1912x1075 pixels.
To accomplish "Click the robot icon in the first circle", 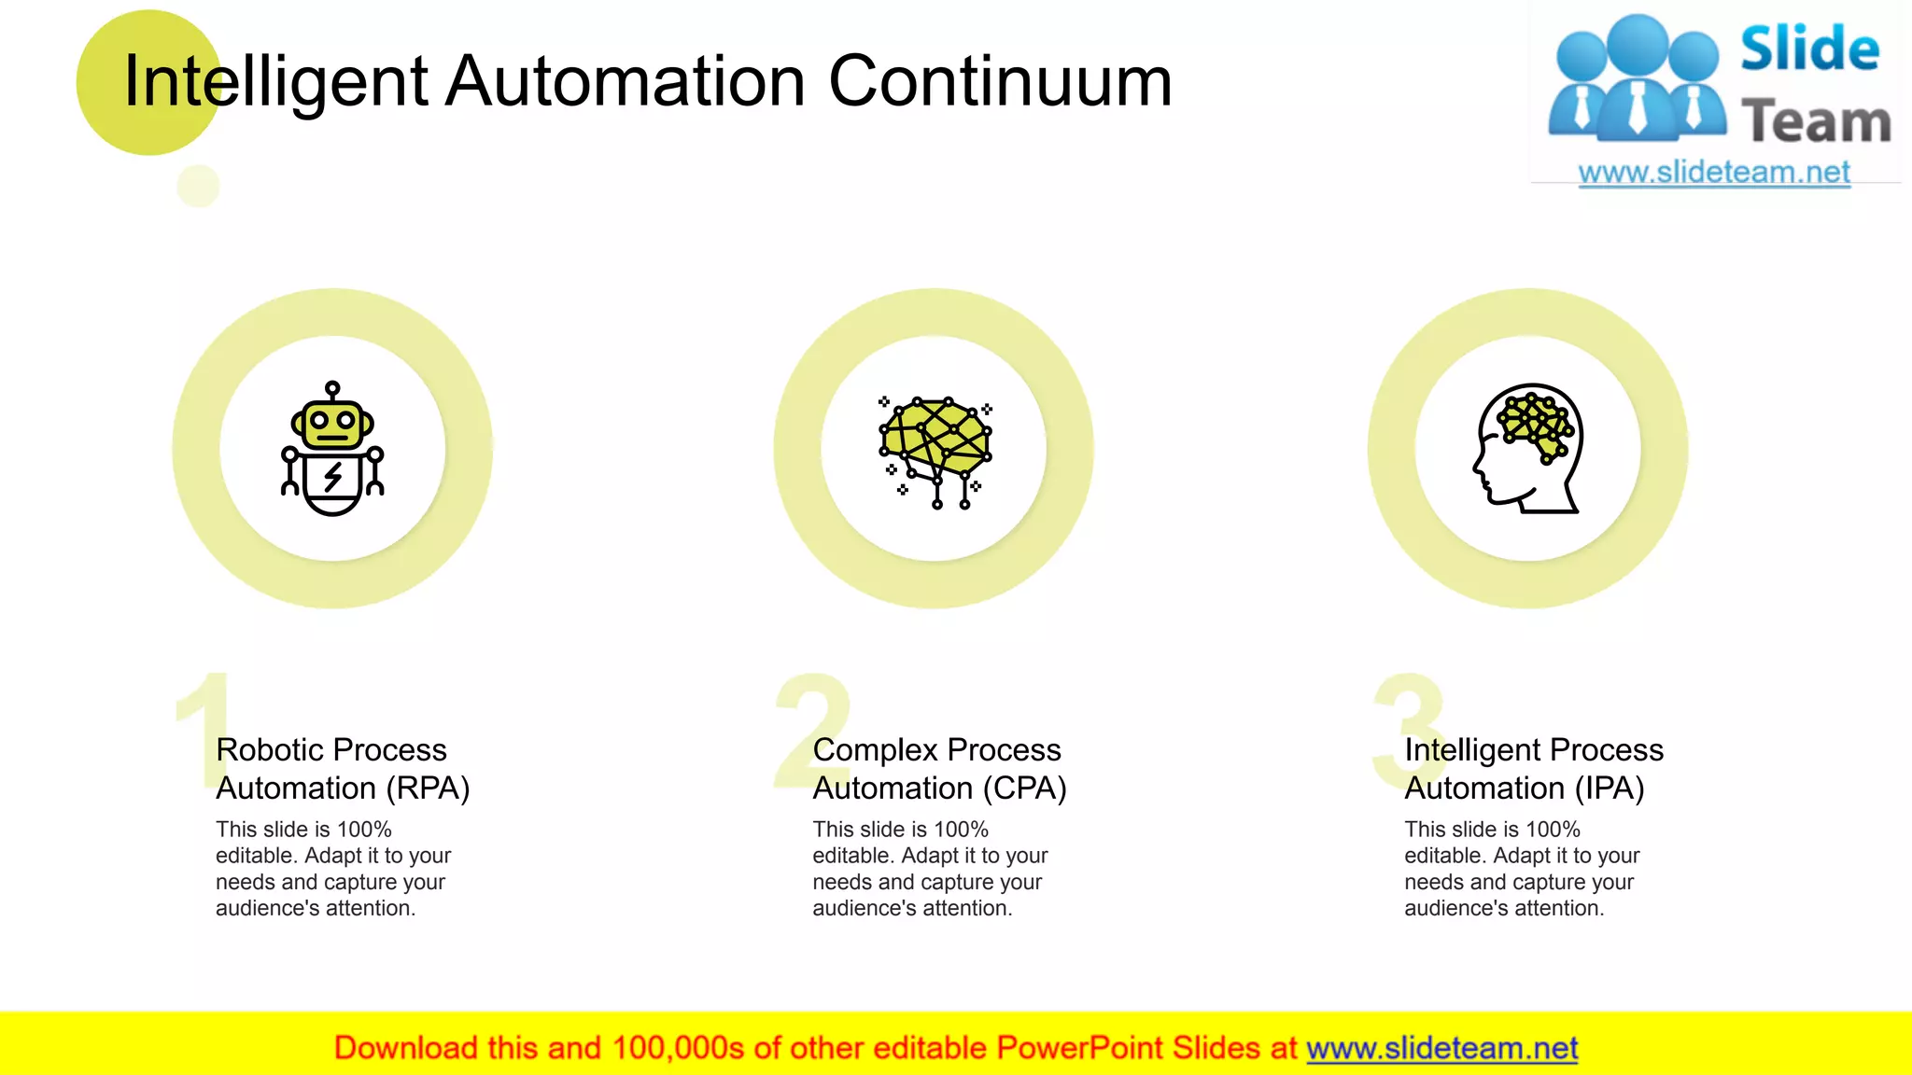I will [332, 450].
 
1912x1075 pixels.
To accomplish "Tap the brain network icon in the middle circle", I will [935, 452].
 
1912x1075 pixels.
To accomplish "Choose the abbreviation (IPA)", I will [1610, 789].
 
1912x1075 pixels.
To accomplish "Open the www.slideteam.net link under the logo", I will [1714, 173].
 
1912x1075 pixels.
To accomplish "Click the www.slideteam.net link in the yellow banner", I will [1441, 1049].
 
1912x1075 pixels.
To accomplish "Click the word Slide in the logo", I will [1809, 49].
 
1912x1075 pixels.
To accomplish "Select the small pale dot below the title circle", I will [198, 186].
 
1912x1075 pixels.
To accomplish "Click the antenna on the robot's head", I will [332, 390].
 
